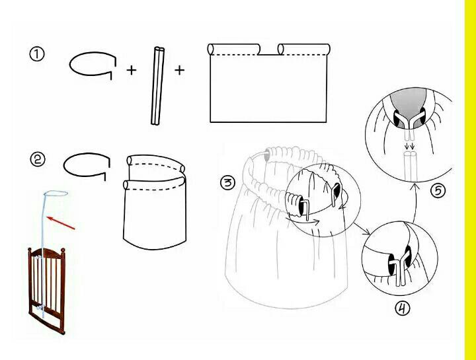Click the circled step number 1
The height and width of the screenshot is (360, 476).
(37, 54)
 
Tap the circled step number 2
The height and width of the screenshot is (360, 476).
(38, 159)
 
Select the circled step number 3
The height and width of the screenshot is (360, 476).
(227, 183)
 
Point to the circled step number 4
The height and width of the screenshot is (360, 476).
(402, 308)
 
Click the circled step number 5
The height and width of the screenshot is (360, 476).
(438, 191)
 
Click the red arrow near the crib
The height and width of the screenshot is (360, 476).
(61, 223)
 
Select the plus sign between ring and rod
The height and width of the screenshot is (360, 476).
(131, 71)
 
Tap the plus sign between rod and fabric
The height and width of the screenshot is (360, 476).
(179, 71)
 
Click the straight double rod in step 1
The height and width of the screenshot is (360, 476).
(157, 85)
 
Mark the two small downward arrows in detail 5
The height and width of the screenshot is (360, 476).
(409, 147)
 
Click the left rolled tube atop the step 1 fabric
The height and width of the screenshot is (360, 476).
(234, 49)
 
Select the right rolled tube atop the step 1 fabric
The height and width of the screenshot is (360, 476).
(304, 49)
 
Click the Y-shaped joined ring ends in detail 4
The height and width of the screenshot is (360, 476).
(400, 268)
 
